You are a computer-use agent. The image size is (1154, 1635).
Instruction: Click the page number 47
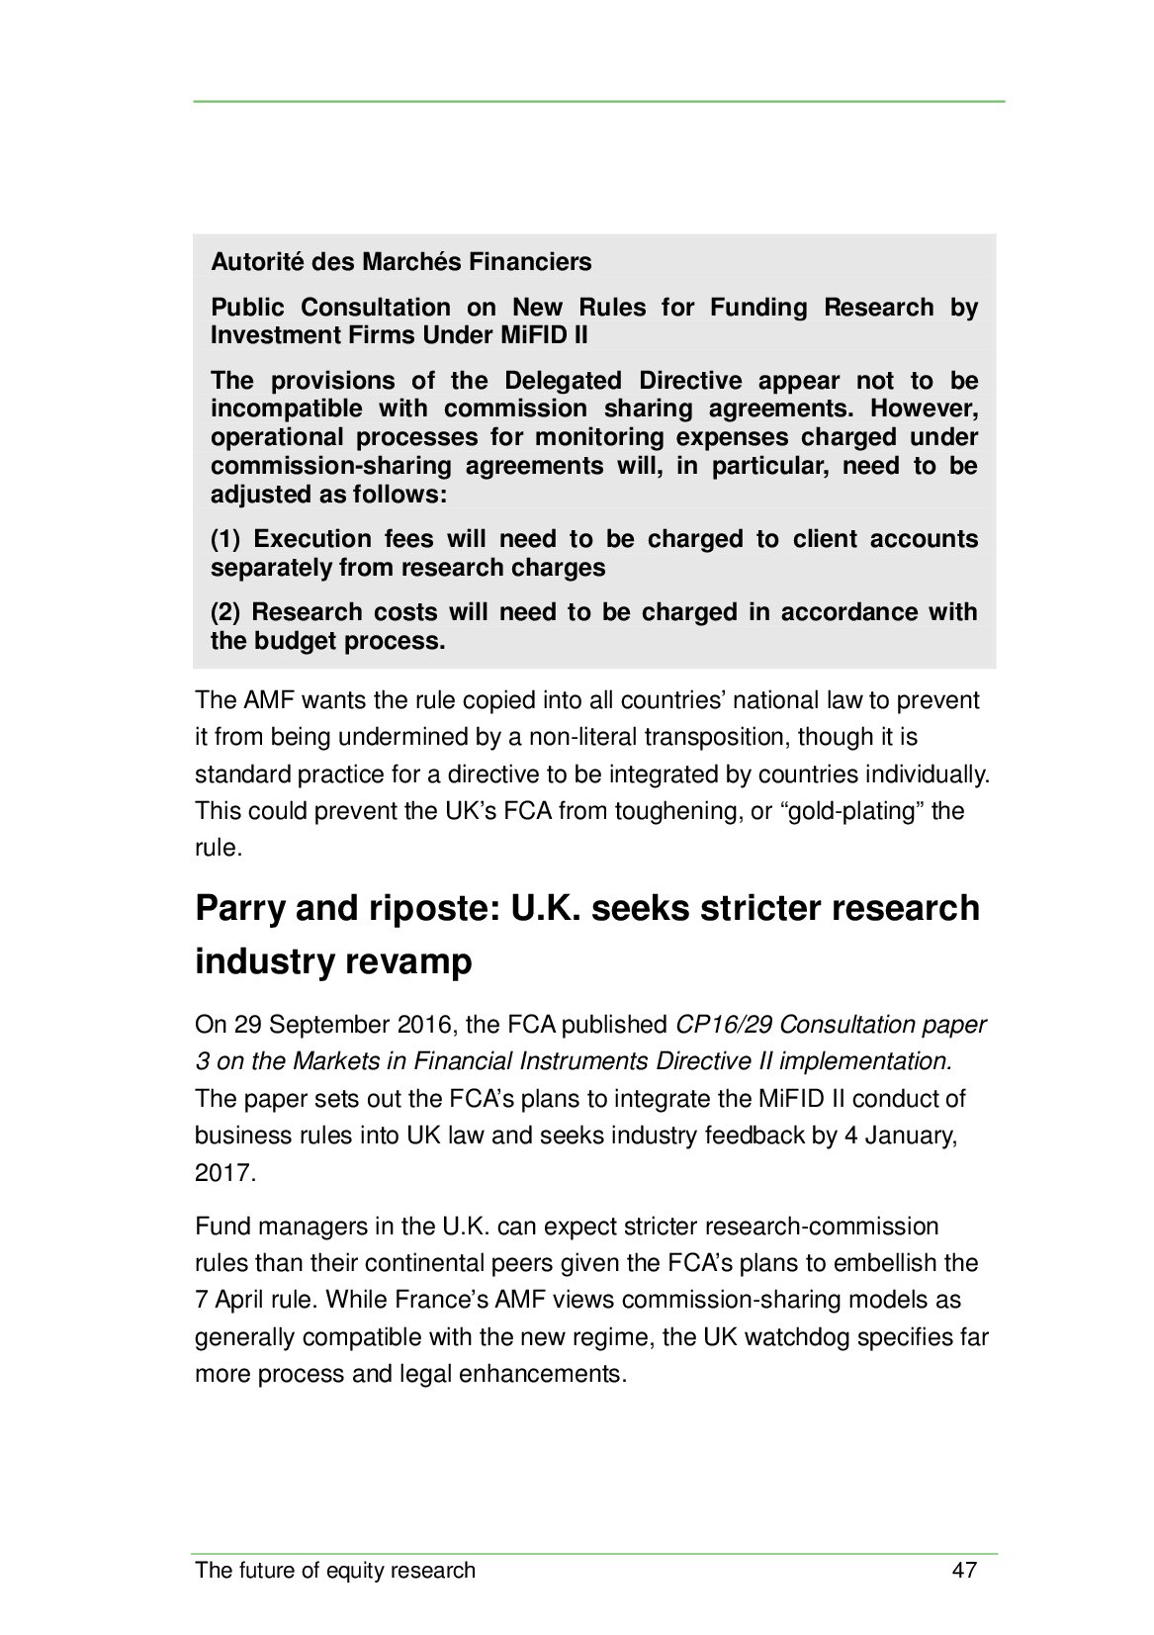(x=963, y=1570)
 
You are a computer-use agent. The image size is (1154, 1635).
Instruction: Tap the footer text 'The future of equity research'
(x=335, y=1570)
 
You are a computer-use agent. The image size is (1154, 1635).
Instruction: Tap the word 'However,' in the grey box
(x=924, y=409)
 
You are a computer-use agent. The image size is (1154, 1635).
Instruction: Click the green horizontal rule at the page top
(x=598, y=101)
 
